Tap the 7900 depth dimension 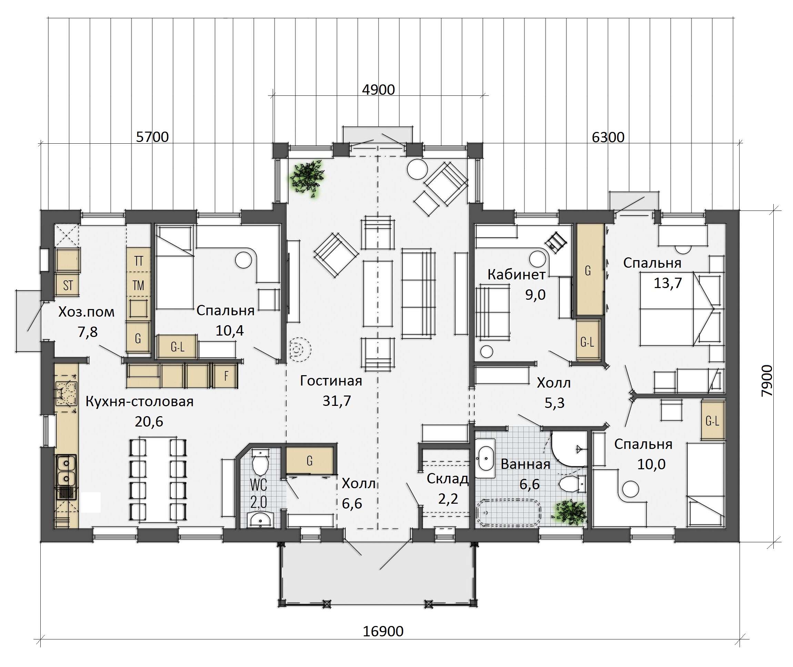767,380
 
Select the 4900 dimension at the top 378,90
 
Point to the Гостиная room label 331,380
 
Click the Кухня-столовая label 140,401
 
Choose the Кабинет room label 516,275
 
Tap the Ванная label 525,464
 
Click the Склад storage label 448,479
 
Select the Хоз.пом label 86,312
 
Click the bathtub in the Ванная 509,512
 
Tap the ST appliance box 68,285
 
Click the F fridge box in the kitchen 226,376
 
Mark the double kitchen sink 67,470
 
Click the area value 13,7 668,283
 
